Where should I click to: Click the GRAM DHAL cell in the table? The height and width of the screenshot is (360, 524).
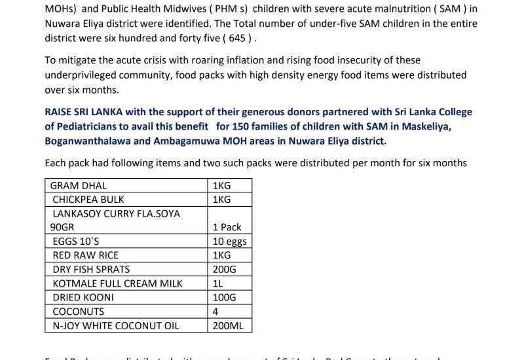tap(79, 185)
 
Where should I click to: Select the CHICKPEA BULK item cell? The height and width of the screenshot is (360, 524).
tap(88, 199)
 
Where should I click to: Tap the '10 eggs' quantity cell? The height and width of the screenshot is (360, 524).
tap(229, 242)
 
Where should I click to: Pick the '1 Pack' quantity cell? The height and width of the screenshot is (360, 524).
tap(227, 227)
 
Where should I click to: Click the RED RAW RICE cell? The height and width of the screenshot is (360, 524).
tap(86, 255)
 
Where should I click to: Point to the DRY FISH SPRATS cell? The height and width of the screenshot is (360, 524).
tap(91, 269)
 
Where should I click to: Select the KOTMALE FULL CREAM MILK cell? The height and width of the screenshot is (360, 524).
tap(117, 283)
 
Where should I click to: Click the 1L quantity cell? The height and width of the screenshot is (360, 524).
tap(218, 283)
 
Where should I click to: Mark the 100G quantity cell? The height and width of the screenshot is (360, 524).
tap(225, 297)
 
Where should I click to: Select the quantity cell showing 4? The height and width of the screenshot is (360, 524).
tap(215, 312)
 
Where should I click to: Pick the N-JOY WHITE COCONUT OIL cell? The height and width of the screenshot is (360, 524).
tap(115, 325)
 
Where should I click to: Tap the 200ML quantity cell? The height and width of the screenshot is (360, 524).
tap(227, 325)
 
